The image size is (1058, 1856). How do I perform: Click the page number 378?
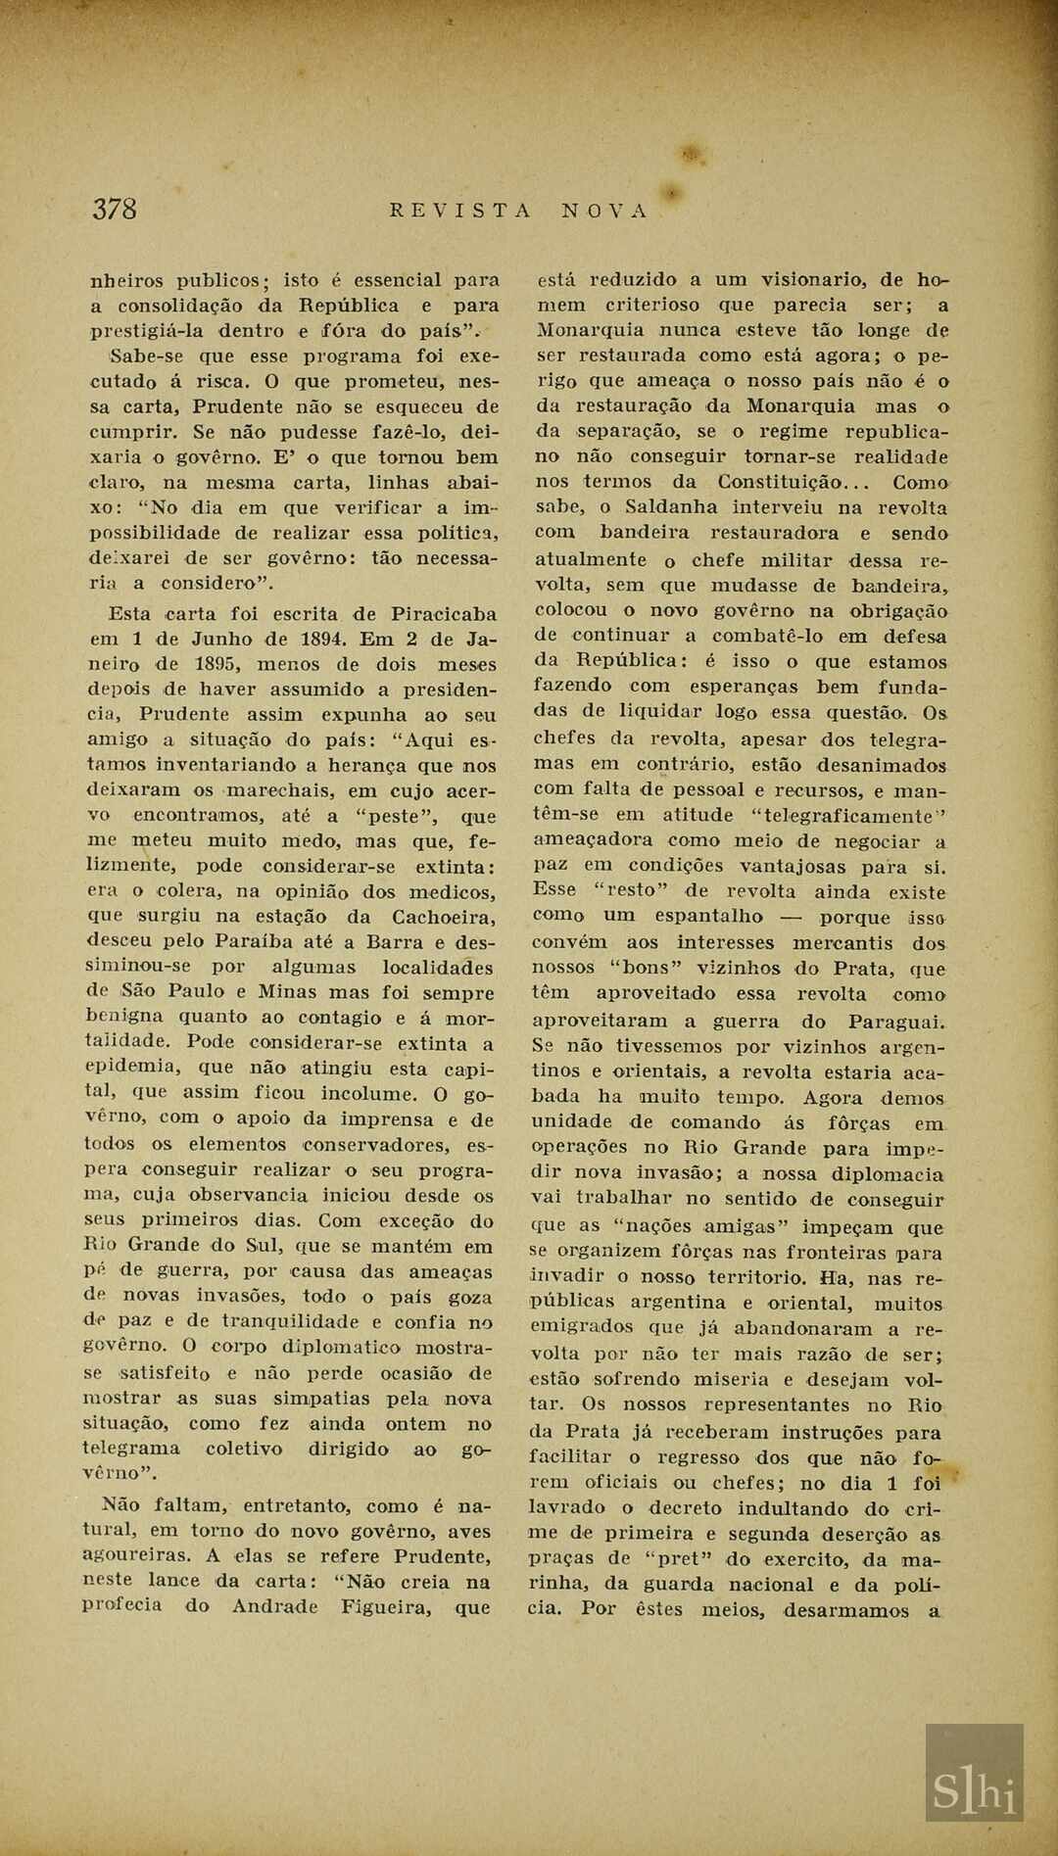point(115,209)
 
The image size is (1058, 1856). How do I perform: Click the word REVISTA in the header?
point(460,211)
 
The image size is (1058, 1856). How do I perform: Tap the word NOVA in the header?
point(604,211)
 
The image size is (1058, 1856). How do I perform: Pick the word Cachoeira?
point(443,918)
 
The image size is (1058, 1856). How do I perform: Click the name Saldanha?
point(673,507)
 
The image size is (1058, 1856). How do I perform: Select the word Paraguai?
point(895,1021)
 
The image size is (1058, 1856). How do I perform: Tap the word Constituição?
point(781,482)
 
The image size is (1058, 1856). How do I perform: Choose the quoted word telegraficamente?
point(842,815)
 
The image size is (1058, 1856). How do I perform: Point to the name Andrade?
point(275,1606)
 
